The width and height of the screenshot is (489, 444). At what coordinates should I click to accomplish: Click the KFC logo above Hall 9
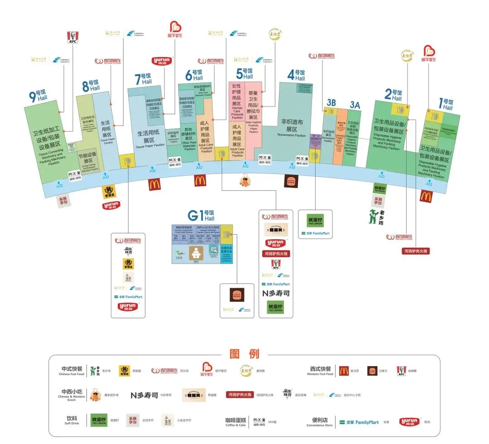tap(73, 37)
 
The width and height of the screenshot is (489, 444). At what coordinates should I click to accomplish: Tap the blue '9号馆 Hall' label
tap(38, 95)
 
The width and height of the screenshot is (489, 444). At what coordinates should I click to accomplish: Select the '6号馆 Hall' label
tap(194, 75)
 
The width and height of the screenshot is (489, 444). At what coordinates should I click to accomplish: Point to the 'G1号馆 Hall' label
tap(201, 215)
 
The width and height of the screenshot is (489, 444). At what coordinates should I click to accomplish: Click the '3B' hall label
tap(331, 103)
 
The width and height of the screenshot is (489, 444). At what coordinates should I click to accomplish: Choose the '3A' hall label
tap(355, 105)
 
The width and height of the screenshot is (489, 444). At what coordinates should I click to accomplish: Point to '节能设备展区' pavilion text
tap(88, 158)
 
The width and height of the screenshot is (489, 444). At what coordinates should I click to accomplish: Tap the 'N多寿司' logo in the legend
tap(144, 395)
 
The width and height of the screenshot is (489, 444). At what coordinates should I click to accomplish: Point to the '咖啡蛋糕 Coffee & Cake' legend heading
tap(235, 421)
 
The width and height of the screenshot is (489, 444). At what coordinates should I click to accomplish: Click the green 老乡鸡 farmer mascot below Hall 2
tap(372, 216)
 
